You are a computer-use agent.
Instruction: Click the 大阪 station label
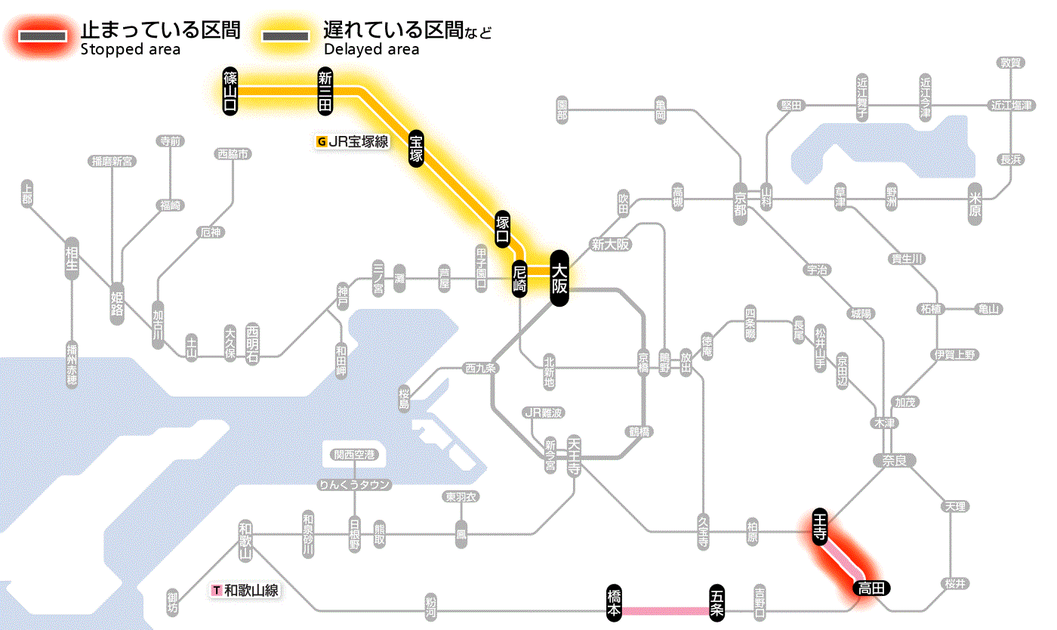[x=559, y=278]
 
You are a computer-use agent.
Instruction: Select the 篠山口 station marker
[x=230, y=91]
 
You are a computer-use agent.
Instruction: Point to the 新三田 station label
[x=325, y=91]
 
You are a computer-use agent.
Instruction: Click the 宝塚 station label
[x=416, y=148]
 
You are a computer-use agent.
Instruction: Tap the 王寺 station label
[x=820, y=527]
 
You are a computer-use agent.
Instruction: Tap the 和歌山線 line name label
[x=246, y=590]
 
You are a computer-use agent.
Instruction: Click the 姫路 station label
[x=118, y=303]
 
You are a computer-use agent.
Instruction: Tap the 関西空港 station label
[x=355, y=455]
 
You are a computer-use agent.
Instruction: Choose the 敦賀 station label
[x=1011, y=63]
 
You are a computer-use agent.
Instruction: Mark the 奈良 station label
[x=893, y=460]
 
